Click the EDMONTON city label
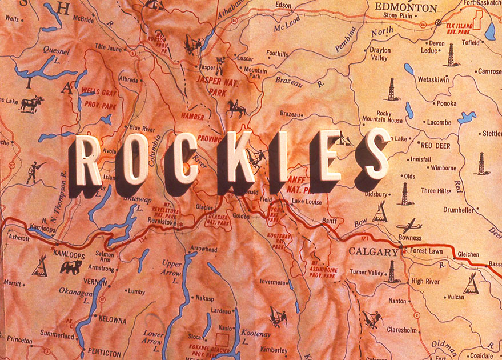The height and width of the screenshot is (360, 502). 406,7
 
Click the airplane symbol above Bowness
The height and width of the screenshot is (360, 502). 409,225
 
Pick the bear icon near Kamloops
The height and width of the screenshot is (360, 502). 71,267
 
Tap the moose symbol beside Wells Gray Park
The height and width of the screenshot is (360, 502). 32,104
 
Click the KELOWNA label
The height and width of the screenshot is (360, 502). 112,321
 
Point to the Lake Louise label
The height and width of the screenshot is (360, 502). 306,202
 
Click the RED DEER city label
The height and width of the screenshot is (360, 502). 436,145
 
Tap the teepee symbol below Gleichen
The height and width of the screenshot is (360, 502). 471,283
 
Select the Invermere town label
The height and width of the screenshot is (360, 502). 272,282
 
